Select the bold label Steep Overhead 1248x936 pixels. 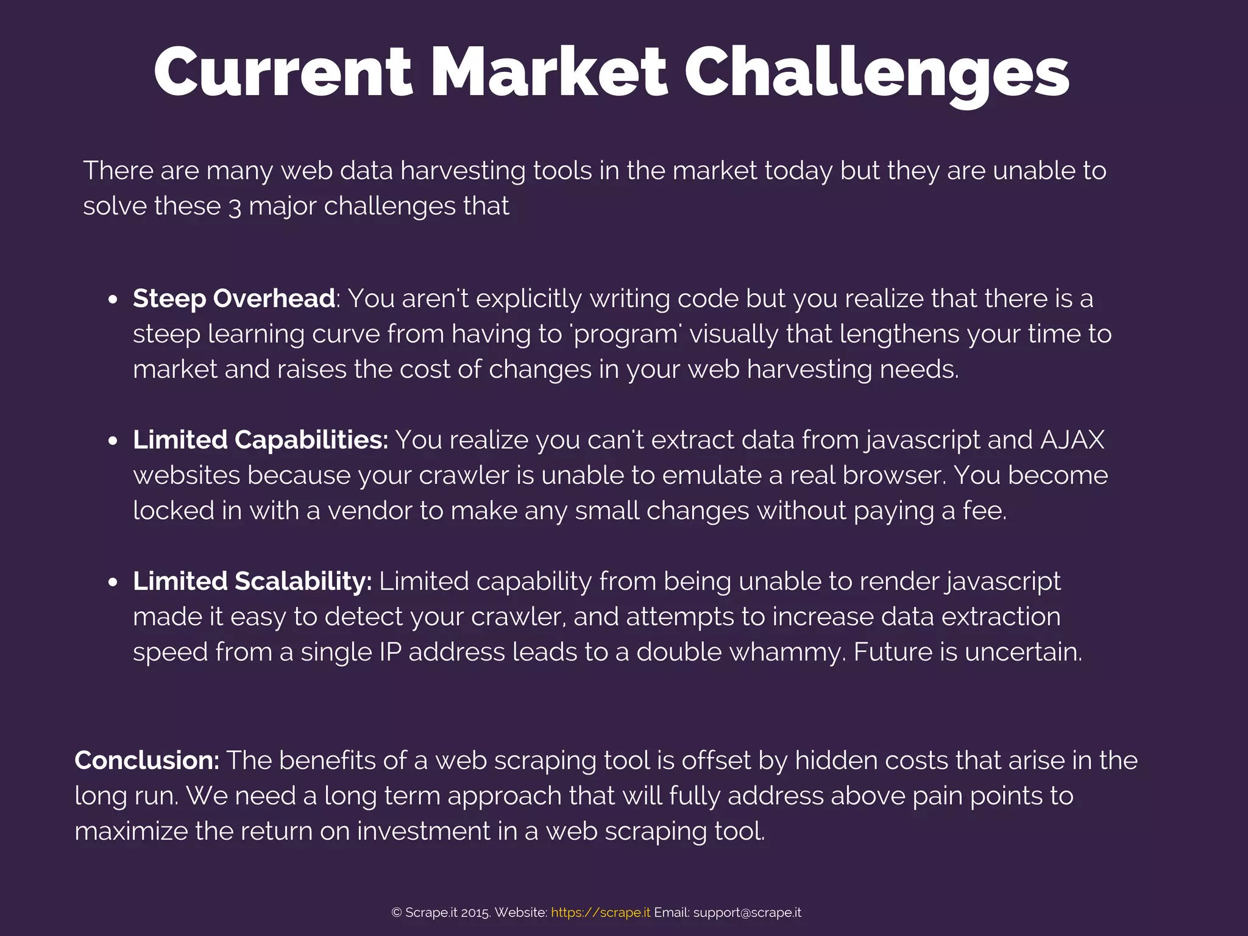234,299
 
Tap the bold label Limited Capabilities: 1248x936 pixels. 260,440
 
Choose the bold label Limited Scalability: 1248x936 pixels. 252,581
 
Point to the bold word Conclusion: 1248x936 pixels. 147,760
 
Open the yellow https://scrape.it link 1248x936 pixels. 600,912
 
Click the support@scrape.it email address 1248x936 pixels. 747,912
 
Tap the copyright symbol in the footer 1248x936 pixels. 397,912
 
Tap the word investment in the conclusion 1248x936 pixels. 433,831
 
